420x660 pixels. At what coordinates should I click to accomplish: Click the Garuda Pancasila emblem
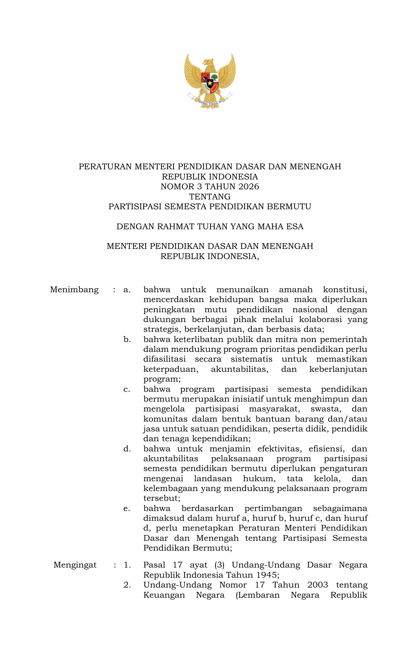210,81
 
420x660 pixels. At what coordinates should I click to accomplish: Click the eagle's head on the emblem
207,62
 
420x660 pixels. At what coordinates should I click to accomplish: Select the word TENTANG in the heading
210,197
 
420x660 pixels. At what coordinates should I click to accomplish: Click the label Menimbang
74,290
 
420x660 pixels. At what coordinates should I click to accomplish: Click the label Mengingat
75,565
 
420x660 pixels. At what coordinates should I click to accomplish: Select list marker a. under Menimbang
127,290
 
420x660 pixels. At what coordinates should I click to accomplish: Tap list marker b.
127,339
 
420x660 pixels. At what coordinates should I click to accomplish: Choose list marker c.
127,389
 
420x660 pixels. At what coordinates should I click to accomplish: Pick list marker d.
127,449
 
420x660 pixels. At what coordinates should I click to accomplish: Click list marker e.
127,509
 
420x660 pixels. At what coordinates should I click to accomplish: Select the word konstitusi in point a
345,290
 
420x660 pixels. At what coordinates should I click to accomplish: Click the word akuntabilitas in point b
239,369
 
